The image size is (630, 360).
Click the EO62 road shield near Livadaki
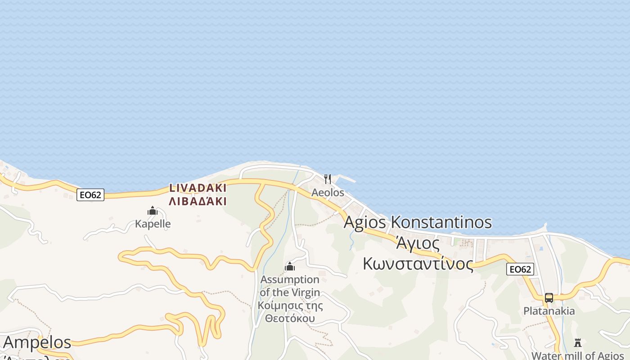tap(90, 194)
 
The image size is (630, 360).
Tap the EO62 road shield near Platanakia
tap(520, 269)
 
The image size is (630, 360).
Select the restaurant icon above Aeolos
tap(328, 179)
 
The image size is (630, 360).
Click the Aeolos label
tap(328, 193)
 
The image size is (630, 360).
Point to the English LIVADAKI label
tap(198, 188)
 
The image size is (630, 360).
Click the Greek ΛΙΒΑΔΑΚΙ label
tap(198, 201)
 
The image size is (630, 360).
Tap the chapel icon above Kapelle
tap(153, 211)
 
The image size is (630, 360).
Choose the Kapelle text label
tap(153, 224)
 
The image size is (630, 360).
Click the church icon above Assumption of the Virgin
tap(290, 266)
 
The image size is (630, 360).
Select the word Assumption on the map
tap(290, 279)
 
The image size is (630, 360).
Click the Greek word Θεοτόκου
tap(290, 319)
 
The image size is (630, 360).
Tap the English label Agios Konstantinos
tap(418, 222)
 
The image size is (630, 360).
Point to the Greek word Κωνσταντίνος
tap(418, 264)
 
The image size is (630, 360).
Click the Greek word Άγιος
tap(418, 243)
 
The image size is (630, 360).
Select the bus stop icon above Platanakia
tap(549, 297)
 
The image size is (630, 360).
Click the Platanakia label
tap(549, 311)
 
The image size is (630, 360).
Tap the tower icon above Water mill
tap(578, 343)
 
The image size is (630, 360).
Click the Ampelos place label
tap(37, 342)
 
